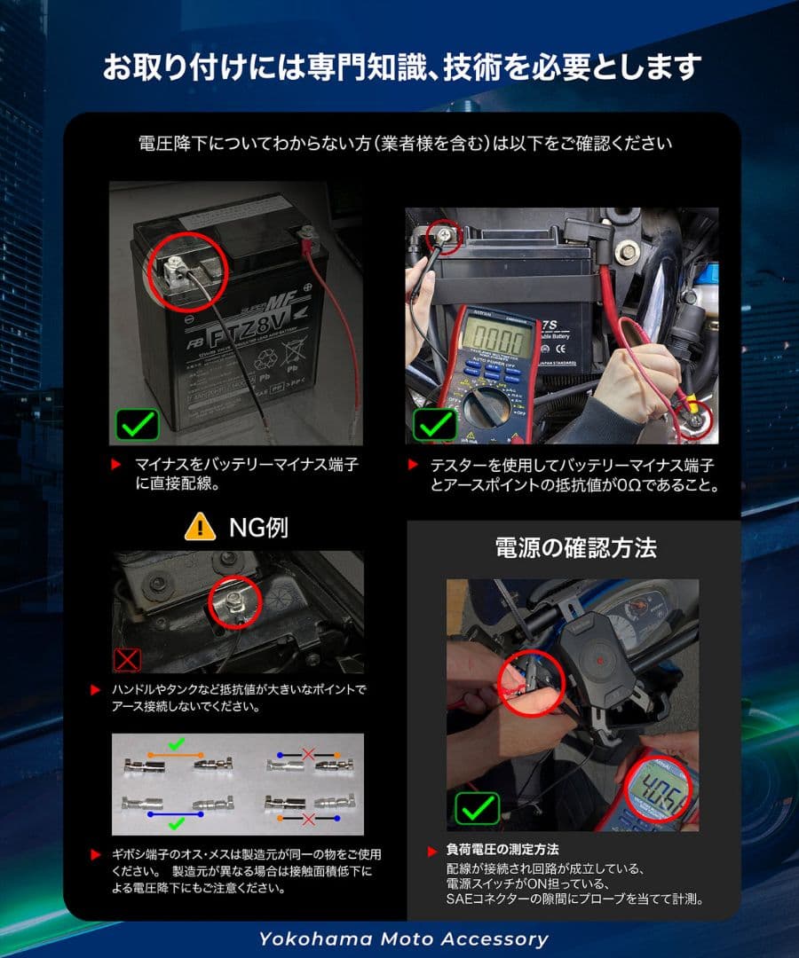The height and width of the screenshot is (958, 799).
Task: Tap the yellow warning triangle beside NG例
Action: coord(200,528)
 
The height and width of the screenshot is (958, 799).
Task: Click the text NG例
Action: coord(258,528)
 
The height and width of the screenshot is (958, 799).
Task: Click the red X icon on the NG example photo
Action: coord(128,660)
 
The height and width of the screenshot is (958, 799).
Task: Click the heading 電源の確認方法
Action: coord(575,547)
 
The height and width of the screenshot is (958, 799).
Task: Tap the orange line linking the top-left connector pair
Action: coord(177,754)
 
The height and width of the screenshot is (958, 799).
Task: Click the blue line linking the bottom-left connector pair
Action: coord(177,813)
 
